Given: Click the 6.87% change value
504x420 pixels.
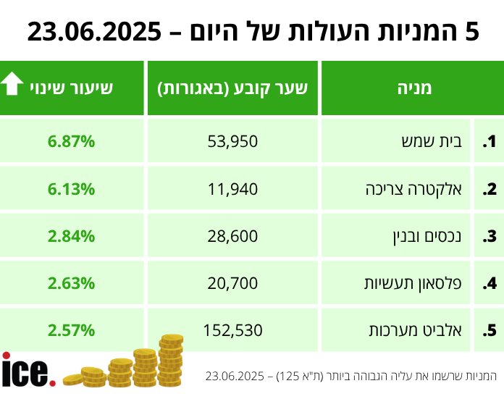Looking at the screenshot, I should point(72,142).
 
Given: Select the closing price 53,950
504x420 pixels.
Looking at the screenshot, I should point(232,142).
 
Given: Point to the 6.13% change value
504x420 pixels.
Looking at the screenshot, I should point(72,189).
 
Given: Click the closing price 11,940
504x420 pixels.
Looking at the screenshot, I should point(232,189).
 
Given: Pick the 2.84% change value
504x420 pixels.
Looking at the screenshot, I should point(72,236).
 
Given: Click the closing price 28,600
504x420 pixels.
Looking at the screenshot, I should point(232,236).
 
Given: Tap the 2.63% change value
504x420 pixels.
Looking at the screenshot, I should point(72,283).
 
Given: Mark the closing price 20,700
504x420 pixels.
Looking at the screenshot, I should point(232,283).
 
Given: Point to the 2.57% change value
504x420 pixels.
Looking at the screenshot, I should point(72,331).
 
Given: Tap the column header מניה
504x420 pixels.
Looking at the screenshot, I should point(414,88).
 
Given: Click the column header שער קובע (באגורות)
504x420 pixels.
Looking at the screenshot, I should point(232,88).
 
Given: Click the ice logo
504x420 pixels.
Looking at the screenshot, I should point(28,371).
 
